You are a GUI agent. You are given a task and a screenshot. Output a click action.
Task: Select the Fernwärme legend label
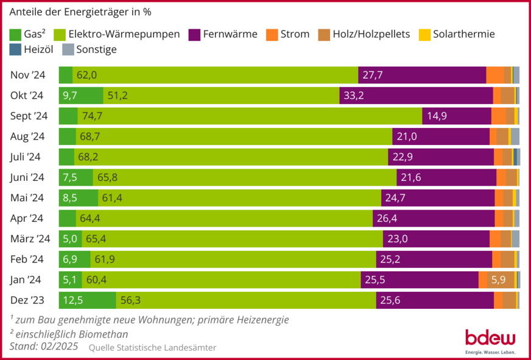[230, 34]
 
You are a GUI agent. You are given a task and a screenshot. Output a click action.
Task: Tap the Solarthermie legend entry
[463, 34]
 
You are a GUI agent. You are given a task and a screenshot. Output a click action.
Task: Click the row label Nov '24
[28, 75]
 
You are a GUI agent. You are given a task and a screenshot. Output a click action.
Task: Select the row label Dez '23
[28, 300]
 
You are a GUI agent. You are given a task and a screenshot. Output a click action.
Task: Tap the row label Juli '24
[26, 157]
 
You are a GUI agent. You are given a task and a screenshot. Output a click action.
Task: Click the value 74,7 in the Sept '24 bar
[91, 116]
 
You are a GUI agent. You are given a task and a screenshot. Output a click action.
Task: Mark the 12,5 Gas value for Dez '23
[73, 300]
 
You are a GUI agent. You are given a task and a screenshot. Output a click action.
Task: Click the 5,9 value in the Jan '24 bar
[498, 280]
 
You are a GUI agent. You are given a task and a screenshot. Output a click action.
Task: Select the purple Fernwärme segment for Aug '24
[441, 136]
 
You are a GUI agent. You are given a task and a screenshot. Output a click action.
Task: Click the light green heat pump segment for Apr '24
[224, 218]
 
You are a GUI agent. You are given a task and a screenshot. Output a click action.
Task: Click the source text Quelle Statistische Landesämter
[152, 347]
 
